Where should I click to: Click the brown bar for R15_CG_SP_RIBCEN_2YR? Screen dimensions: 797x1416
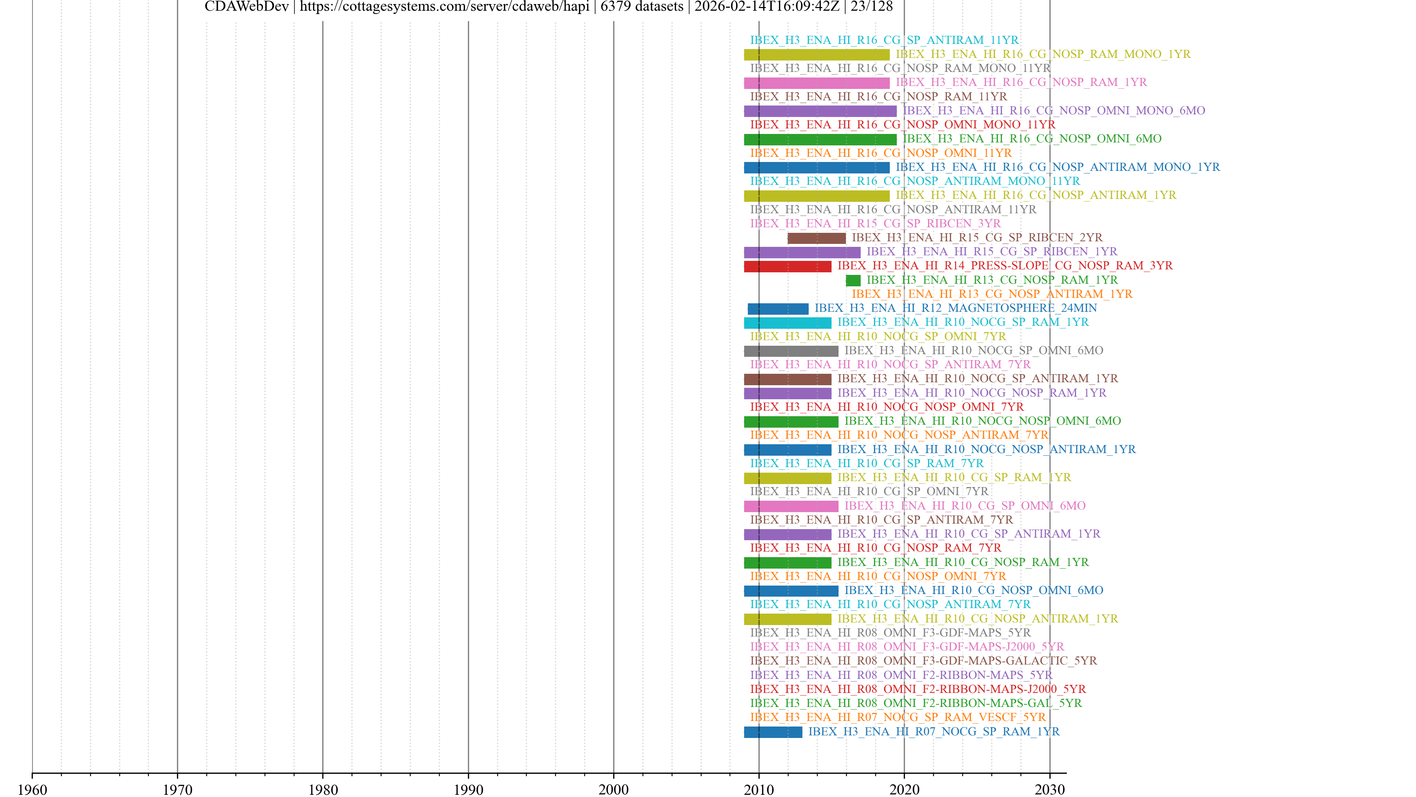coord(816,238)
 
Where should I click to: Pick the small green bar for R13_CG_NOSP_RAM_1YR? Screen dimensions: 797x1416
coord(853,280)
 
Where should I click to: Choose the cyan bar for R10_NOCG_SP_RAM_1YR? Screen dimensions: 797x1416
coord(787,323)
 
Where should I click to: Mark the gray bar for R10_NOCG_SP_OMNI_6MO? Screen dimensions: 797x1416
coord(791,351)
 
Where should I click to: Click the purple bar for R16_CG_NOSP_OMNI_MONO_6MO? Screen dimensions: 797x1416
coord(820,111)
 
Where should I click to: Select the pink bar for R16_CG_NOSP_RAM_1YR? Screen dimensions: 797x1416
coord(816,83)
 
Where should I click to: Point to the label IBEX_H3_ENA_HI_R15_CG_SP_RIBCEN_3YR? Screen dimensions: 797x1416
coord(875,223)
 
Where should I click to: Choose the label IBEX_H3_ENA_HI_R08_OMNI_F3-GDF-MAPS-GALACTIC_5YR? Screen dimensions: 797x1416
coord(923,660)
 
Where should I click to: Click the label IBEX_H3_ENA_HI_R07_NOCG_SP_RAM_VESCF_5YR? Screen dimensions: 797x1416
coord(898,717)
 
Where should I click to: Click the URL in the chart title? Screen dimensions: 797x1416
coord(444,7)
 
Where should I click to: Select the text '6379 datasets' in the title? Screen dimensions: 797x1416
coord(642,7)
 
